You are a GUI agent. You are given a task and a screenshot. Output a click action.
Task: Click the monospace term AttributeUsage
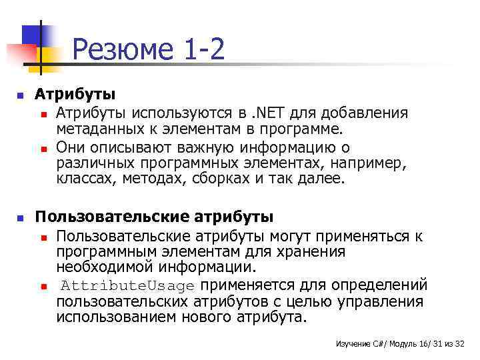pyautogui.click(x=129, y=287)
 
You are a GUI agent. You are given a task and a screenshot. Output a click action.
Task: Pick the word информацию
pyautogui.click(x=290, y=146)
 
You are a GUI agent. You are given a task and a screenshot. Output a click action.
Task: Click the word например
pyautogui.click(x=373, y=162)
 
